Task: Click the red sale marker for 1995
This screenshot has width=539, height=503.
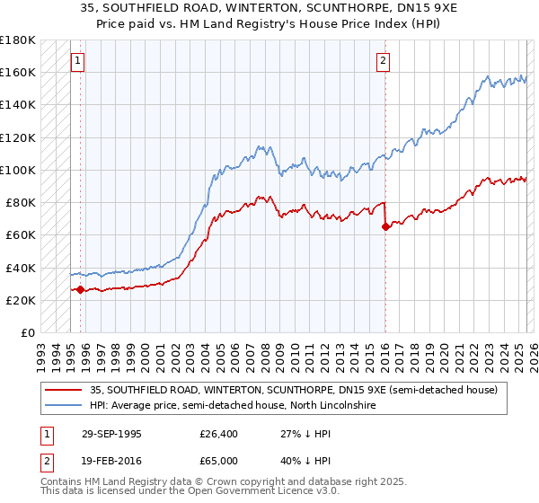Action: coord(81,289)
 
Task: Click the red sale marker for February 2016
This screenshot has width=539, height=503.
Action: coord(386,226)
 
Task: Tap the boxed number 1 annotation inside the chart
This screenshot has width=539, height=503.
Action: coord(78,61)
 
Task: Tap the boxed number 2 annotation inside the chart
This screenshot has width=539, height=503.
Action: coord(383,61)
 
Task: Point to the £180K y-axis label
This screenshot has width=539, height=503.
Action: coord(18,40)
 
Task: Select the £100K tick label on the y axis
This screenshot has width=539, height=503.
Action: coord(18,170)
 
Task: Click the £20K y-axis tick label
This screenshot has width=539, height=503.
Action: coord(21,300)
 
